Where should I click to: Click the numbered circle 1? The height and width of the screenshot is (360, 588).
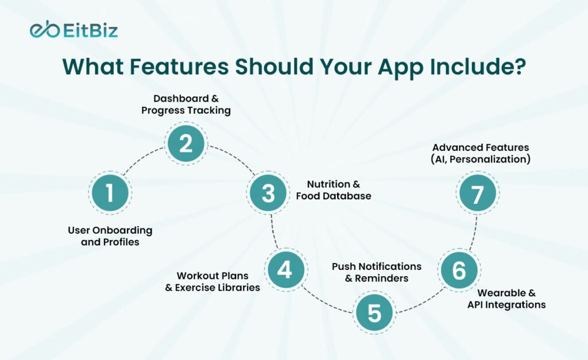tap(110, 193)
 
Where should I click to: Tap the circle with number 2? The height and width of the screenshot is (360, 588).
tap(186, 144)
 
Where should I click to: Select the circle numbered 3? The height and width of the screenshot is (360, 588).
tap(269, 193)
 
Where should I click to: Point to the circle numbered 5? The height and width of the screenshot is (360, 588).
tap(374, 312)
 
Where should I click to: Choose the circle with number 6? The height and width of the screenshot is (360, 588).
tap(459, 270)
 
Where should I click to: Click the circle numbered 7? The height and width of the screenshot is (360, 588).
tap(477, 193)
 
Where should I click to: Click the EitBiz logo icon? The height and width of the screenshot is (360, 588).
tap(45, 29)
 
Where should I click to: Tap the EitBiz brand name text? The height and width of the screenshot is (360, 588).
tap(90, 30)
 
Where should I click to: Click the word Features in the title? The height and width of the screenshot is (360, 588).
tap(179, 67)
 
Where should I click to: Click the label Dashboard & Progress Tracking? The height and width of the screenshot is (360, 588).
tap(186, 104)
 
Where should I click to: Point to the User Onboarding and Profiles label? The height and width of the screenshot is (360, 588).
tap(110, 236)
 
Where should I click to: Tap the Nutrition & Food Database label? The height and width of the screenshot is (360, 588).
tap(334, 189)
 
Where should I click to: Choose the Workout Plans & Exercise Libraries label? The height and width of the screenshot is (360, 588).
tap(212, 281)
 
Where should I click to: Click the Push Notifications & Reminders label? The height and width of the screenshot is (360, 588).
tap(377, 272)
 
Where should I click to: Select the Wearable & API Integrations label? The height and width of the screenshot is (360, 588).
tap(506, 299)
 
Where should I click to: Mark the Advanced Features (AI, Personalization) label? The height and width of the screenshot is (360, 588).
tap(481, 153)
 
